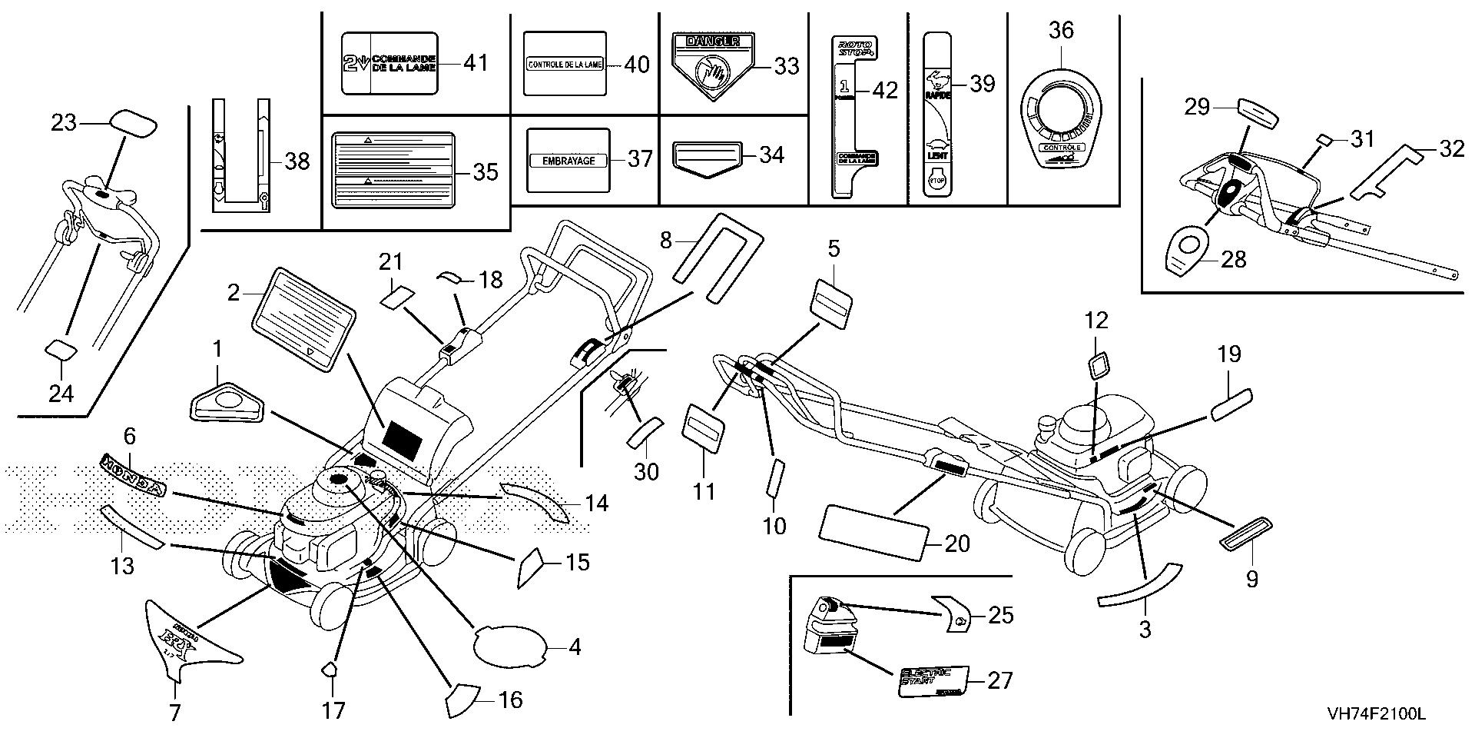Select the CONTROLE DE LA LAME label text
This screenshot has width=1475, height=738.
coord(565,65)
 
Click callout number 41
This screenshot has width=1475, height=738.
coord(476,62)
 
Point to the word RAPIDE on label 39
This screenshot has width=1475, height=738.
coord(939,95)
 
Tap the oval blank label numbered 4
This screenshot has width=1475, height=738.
coord(511,644)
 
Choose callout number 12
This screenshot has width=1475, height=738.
coord(1096,321)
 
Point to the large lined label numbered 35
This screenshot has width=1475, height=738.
coord(393,171)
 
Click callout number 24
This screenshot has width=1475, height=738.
coord(61,393)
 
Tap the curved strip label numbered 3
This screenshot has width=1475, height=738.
coord(1139,587)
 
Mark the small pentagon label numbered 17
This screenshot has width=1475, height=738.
coord(329,669)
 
